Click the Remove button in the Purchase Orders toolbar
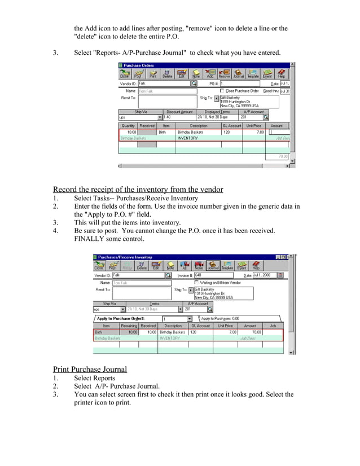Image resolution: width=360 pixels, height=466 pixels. (224, 74)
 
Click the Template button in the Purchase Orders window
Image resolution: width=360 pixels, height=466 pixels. (253, 74)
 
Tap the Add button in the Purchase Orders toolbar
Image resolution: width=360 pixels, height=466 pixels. (210, 74)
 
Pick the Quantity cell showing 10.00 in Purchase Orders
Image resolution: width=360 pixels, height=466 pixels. (128, 132)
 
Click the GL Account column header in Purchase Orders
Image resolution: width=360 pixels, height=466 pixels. (232, 126)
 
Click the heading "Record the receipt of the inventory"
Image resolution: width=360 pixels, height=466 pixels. (138, 190)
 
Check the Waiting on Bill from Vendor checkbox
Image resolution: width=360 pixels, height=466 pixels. (196, 282)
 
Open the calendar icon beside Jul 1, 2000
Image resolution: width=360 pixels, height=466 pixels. (280, 275)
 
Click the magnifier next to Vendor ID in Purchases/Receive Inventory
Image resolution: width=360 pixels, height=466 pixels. (168, 275)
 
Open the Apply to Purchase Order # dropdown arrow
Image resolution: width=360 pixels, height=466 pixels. (189, 319)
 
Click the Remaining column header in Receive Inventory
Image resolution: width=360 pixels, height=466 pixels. (129, 326)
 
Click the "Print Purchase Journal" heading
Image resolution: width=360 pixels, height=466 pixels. (90, 370)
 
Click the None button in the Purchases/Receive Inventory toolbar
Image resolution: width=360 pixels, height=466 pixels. (199, 265)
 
